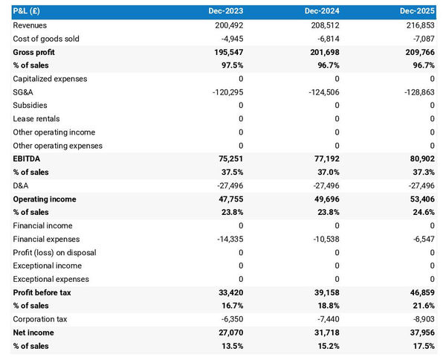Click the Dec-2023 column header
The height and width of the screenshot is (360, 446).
(x=225, y=11)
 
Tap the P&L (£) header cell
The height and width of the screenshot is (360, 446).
(x=28, y=11)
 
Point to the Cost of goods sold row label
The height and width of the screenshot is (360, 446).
(x=46, y=39)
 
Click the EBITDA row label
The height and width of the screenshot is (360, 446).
(x=28, y=159)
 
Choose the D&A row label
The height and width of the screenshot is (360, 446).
(x=22, y=186)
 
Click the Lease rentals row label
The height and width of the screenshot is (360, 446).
(x=38, y=119)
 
